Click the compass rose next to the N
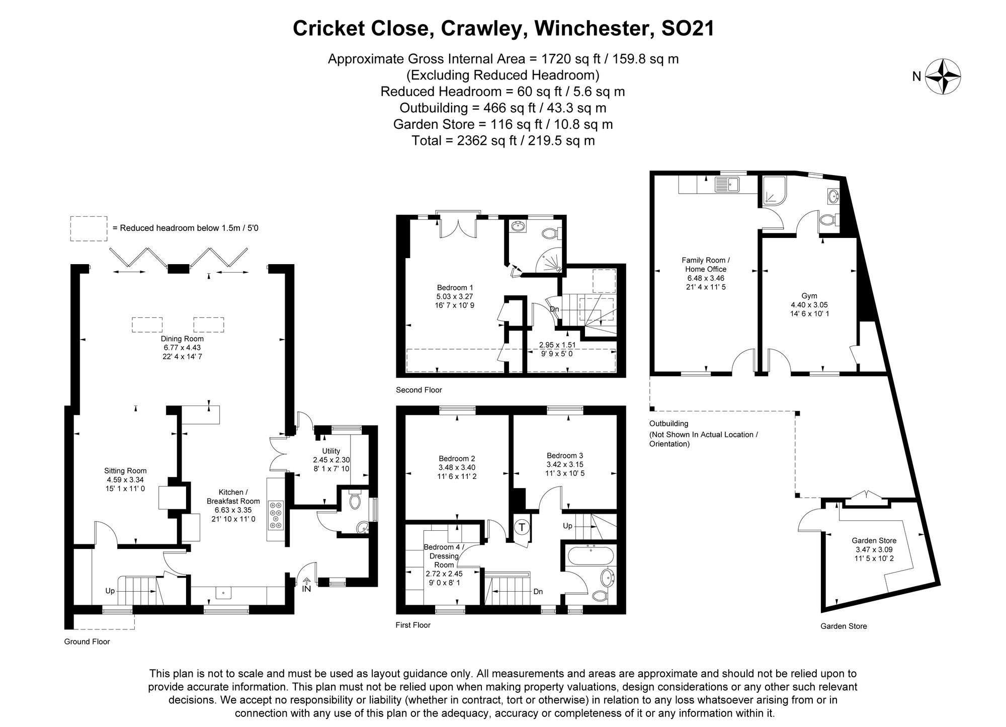point(943,76)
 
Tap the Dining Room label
point(182,339)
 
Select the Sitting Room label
point(125,471)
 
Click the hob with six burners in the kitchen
point(276,515)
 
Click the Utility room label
point(331,451)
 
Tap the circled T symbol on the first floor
point(522,528)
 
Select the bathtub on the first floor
point(590,556)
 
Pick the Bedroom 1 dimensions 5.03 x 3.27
point(455,296)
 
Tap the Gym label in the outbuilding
point(809,296)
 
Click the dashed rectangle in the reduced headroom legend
point(89,228)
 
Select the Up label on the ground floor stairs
point(110,591)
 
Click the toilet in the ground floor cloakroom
point(355,501)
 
